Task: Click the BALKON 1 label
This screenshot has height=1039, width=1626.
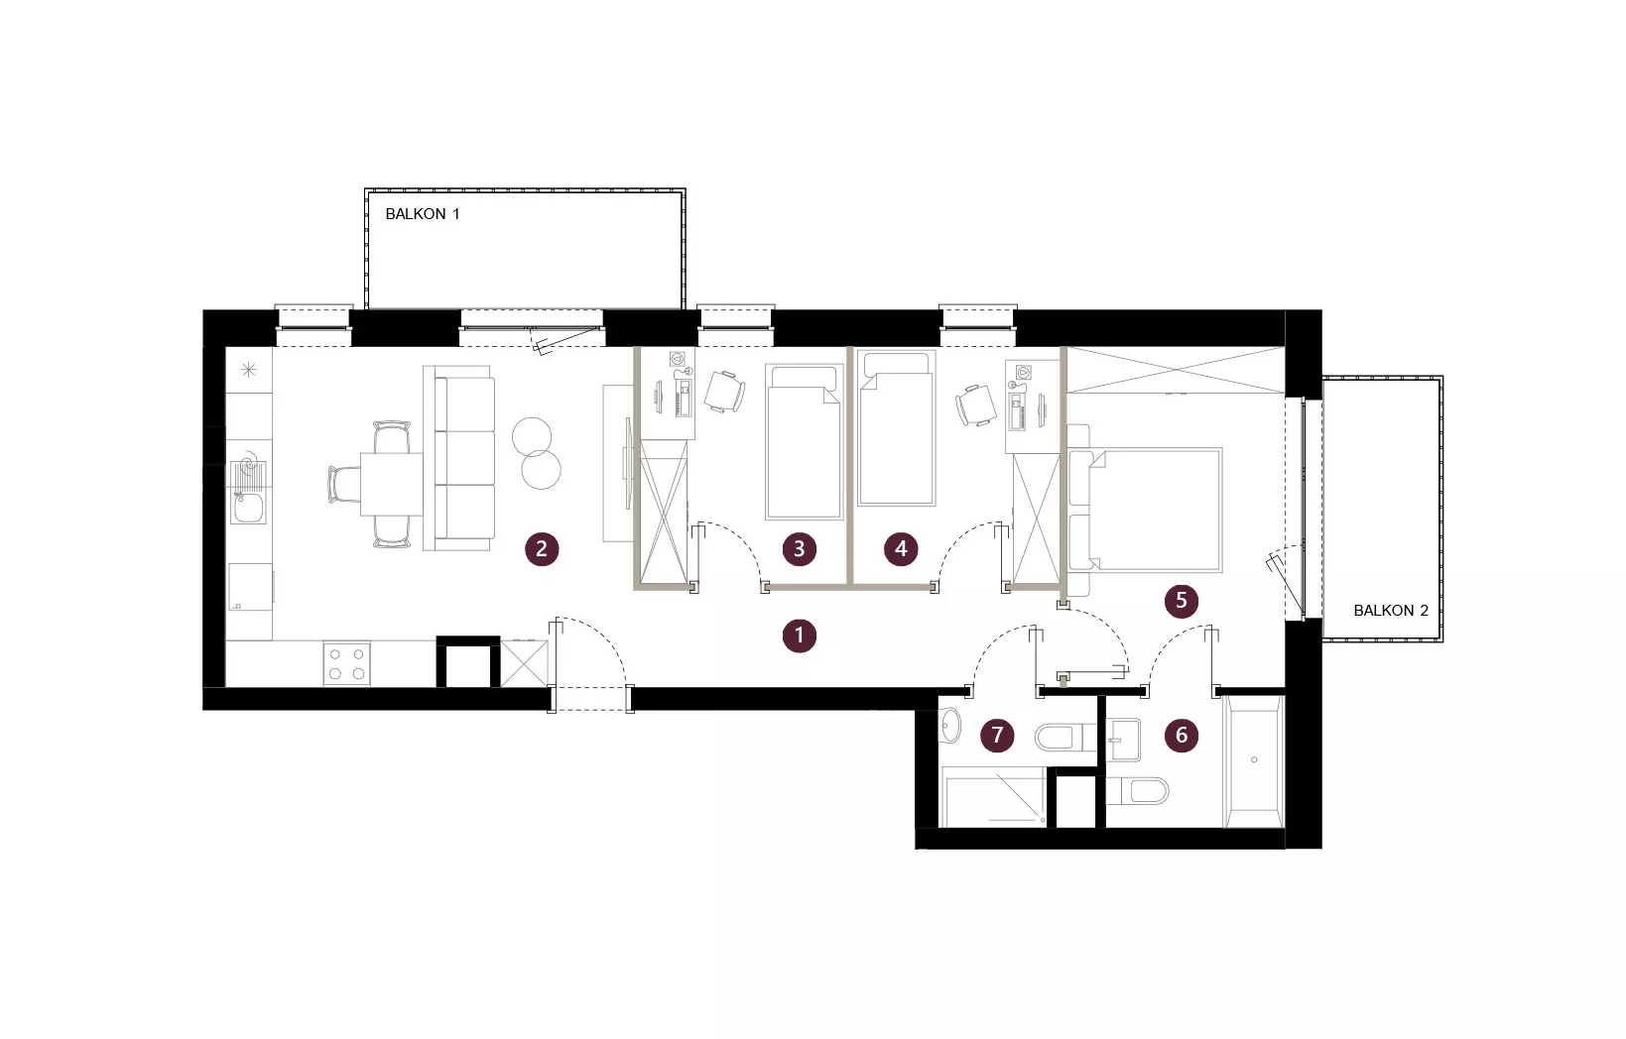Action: coord(422,214)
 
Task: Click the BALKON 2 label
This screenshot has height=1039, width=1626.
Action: coord(1391,611)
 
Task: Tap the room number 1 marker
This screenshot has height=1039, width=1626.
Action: coord(800,635)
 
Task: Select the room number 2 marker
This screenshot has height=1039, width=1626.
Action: coord(542,549)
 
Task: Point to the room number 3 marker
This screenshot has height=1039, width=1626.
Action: coord(800,549)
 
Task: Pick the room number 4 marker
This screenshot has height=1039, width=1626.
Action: coord(901,549)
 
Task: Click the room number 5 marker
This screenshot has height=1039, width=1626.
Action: coord(1181,601)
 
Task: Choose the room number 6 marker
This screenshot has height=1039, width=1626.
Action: coord(1181,736)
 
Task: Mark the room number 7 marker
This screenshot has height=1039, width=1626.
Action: coord(997,736)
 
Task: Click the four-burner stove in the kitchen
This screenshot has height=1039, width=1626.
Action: coord(347,663)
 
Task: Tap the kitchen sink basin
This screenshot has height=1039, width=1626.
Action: coord(248,508)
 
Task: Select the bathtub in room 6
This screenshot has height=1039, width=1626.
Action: coord(1254,761)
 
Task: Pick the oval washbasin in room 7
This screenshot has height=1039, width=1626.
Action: coord(950,726)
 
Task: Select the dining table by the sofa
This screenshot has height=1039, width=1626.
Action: coord(392,484)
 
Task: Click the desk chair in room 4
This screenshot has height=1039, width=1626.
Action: coord(976,404)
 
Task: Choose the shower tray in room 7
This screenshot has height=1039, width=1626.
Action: coord(994,797)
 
